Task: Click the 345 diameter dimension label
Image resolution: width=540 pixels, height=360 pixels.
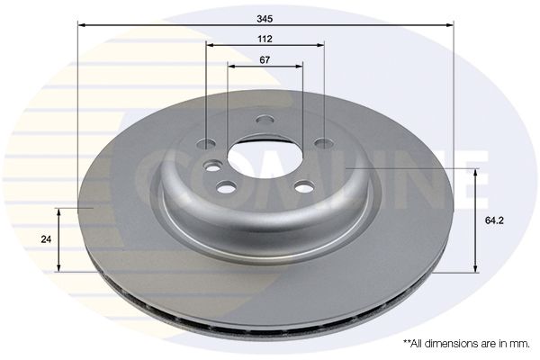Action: click(x=264, y=19)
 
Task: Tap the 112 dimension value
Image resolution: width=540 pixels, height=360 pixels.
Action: click(x=265, y=39)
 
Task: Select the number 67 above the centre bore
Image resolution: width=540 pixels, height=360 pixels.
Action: click(x=265, y=60)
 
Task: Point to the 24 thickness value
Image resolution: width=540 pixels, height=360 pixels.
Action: click(x=46, y=239)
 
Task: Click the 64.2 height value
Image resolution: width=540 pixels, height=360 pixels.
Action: click(x=494, y=220)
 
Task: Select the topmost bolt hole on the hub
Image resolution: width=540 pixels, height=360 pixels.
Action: click(x=265, y=120)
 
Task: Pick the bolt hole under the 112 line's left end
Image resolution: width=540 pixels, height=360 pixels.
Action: click(x=206, y=144)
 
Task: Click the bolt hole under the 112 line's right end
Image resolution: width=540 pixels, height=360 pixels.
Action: click(x=324, y=142)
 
